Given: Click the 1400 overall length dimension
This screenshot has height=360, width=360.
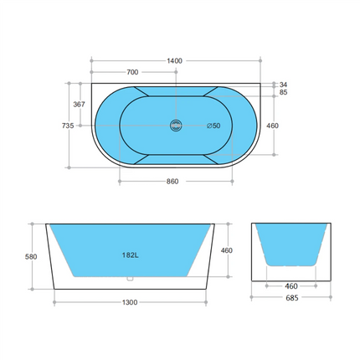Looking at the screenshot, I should point(174,61).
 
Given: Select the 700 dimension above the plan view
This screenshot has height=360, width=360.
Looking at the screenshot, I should point(132,73).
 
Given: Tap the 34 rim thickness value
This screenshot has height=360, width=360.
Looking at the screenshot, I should point(284,85).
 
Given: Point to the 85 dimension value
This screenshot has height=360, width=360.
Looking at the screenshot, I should point(284,93).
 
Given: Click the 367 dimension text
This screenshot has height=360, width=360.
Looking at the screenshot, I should point(80,105).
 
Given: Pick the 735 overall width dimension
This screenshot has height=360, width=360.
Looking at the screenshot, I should point(69,126).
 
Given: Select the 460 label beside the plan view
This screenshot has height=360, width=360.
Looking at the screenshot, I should point(272,126).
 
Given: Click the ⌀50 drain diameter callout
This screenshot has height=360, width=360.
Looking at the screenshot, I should point(213,126).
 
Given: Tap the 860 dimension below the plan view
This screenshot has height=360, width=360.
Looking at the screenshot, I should point(174,180).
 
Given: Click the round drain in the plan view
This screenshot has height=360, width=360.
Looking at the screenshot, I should point(175,126).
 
